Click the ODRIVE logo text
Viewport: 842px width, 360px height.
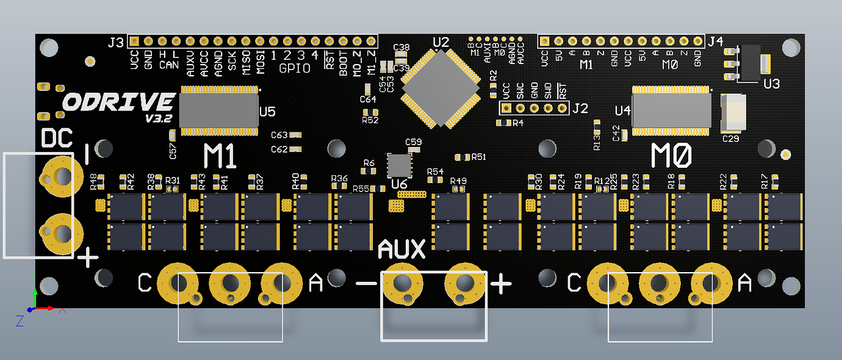pos(120,102)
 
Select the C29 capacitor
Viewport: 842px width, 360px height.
pos(733,114)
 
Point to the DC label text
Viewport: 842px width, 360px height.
pos(57,139)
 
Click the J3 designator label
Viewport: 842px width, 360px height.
pos(115,43)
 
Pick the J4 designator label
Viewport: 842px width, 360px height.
pos(715,41)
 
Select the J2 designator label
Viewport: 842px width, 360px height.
pos(580,109)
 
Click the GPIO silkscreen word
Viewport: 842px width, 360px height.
pos(295,68)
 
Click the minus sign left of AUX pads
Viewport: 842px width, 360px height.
pos(366,284)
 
